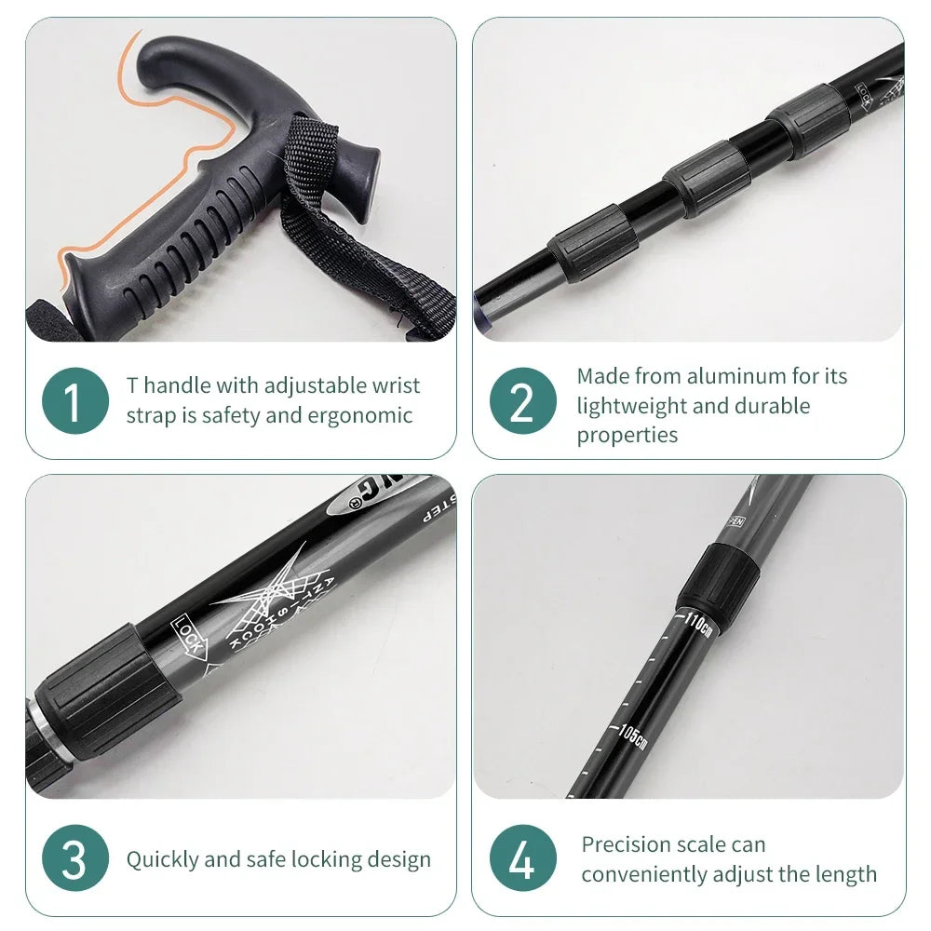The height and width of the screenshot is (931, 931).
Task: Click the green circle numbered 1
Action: click(x=75, y=400)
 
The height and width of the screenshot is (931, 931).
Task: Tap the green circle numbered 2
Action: click(x=522, y=401)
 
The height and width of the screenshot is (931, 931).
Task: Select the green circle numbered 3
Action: click(x=75, y=859)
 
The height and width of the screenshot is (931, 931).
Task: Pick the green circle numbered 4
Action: click(x=522, y=859)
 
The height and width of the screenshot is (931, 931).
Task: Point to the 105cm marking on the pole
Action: click(x=632, y=735)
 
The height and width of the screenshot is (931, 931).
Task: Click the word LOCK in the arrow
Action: click(x=189, y=635)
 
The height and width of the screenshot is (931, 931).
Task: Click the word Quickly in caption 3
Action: click(x=164, y=859)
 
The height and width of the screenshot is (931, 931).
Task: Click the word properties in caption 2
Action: click(x=627, y=435)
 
